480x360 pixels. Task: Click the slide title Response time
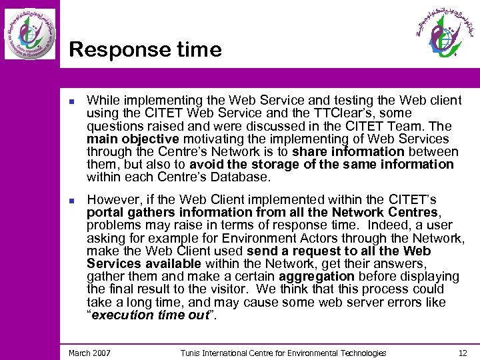click(145, 50)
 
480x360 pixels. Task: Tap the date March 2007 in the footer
click(89, 353)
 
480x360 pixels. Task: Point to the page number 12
click(463, 353)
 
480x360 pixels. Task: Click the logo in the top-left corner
click(30, 33)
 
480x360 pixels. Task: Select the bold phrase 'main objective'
click(133, 139)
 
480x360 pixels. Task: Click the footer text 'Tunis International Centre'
click(231, 353)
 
